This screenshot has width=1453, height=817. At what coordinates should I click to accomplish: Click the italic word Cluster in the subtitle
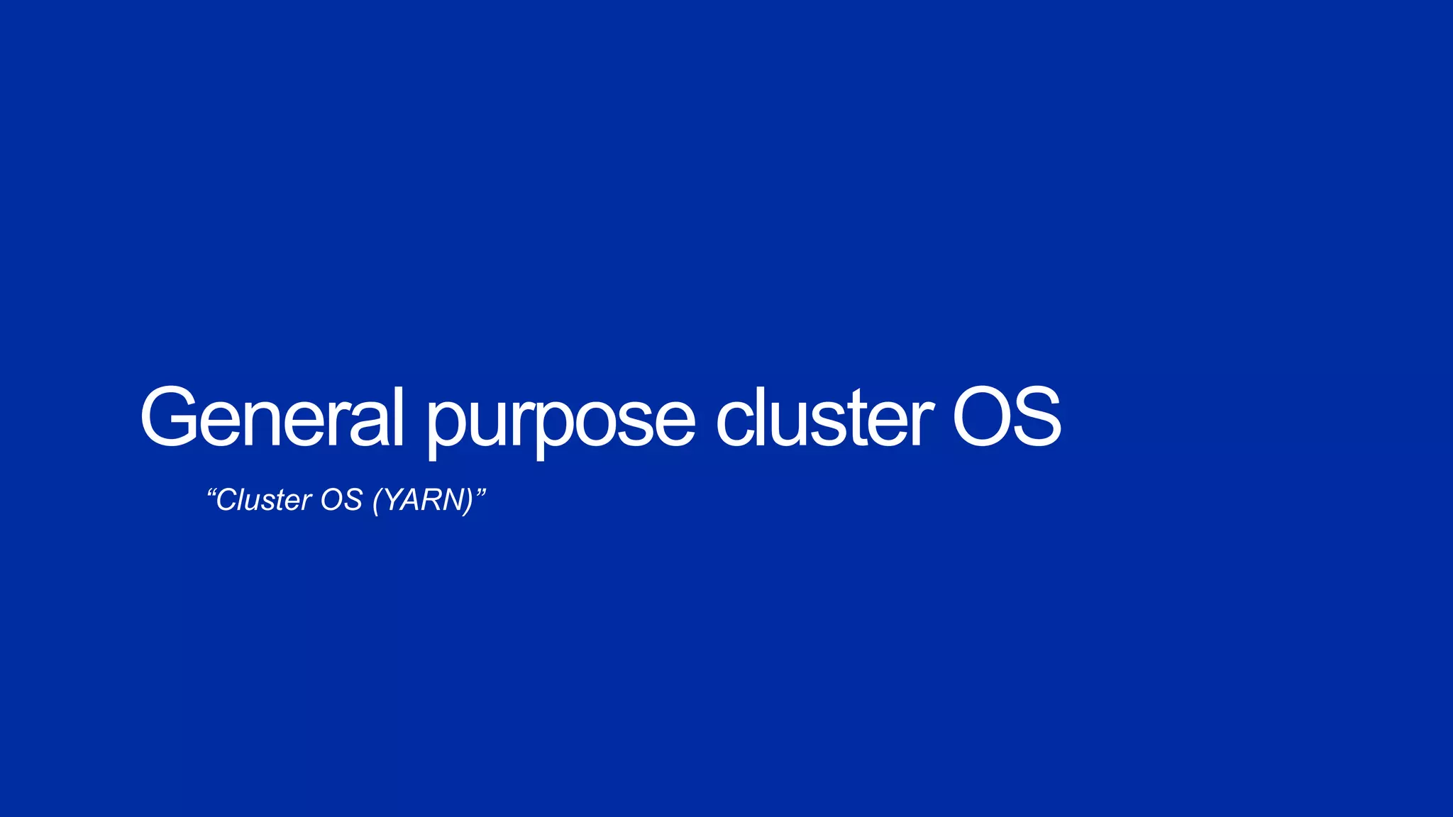tap(263, 500)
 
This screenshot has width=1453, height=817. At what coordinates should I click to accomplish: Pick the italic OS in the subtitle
tap(341, 500)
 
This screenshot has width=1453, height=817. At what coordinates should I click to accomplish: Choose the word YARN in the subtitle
tap(423, 500)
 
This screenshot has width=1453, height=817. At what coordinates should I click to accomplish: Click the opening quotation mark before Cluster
tap(211, 492)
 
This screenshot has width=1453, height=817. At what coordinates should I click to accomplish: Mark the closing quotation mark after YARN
tap(480, 492)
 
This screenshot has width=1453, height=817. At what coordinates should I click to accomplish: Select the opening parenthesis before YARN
tap(377, 501)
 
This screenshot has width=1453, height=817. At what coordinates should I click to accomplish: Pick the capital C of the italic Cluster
tap(227, 500)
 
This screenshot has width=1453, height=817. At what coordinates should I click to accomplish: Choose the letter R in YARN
tap(430, 500)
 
